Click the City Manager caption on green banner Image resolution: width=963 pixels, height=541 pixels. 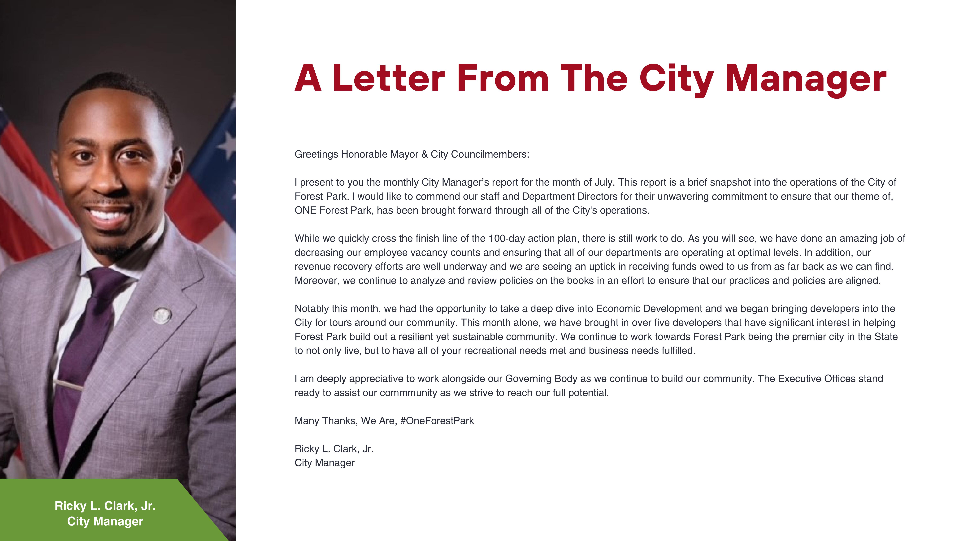tap(105, 521)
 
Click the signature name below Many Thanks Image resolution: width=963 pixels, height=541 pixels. tap(334, 449)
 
